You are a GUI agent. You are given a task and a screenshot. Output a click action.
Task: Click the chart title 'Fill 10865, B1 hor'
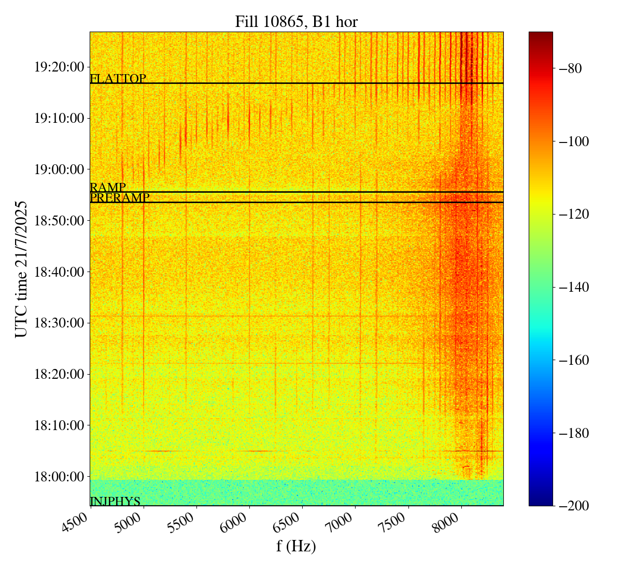coord(296,22)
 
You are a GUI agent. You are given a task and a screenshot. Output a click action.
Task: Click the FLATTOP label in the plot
coord(118,79)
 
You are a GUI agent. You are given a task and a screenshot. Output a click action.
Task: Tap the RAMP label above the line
coord(108,188)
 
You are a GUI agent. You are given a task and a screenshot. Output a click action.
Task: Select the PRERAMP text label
coord(120,198)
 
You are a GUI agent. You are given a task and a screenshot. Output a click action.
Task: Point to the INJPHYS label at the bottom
coord(115,501)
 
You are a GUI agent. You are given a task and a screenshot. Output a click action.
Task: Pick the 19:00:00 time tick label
coord(59,169)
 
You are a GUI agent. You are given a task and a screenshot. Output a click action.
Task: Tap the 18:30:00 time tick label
coord(59,323)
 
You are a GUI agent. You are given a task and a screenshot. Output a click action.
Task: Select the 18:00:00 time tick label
coord(59,476)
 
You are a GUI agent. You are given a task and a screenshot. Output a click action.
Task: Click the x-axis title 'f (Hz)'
coord(296,546)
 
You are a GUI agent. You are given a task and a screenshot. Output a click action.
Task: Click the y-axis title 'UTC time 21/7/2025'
coord(21,269)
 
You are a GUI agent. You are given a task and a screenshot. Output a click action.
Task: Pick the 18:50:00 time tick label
coord(59,221)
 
